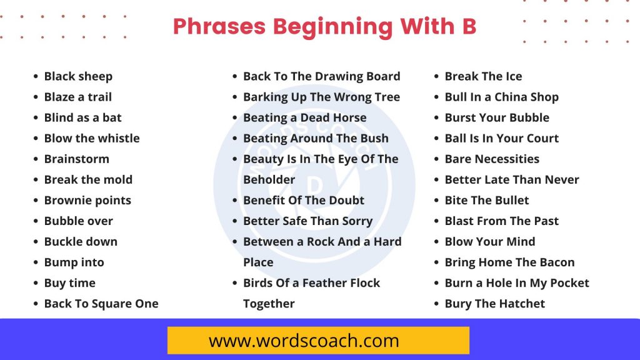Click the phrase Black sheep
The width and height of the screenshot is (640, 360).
(x=78, y=77)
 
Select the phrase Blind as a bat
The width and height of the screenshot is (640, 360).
(x=83, y=117)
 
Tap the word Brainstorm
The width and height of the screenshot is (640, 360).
(x=77, y=159)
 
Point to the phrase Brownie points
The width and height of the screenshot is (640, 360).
(x=87, y=201)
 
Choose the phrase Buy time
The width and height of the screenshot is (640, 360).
(x=70, y=283)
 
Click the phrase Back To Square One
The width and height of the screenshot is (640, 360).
(x=101, y=304)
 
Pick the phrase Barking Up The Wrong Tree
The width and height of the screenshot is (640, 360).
(x=322, y=97)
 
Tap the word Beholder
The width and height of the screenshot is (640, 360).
(x=269, y=179)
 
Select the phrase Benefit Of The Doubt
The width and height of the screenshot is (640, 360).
(x=304, y=201)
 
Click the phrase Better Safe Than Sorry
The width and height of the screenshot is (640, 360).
(x=307, y=221)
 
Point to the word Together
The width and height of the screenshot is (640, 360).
(x=269, y=304)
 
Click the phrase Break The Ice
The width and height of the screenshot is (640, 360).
(x=483, y=76)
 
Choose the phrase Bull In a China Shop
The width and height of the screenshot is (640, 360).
(x=502, y=97)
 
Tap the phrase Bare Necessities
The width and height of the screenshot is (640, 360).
(x=492, y=159)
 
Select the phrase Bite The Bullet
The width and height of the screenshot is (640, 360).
(x=486, y=201)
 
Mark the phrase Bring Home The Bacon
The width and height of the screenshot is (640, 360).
(x=509, y=262)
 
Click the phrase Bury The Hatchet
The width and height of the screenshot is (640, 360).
(x=495, y=304)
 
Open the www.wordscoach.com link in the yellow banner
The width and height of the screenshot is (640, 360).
(x=304, y=341)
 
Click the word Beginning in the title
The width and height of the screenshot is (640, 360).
(x=332, y=27)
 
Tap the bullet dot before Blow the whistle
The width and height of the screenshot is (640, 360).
(x=36, y=138)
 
